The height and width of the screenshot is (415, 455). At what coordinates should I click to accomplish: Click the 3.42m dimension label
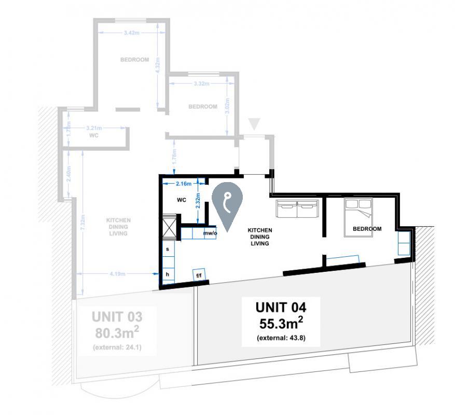pyautogui.click(x=131, y=33)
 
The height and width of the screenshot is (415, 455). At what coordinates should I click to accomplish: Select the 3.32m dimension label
pyautogui.click(x=201, y=84)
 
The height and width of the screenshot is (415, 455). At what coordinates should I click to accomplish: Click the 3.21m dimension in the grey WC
pyautogui.click(x=94, y=128)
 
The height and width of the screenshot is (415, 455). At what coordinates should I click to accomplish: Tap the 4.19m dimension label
pyautogui.click(x=118, y=274)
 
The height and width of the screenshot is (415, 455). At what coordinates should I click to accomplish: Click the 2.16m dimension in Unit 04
pyautogui.click(x=183, y=184)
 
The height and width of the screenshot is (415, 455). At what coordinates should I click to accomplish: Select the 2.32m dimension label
pyautogui.click(x=198, y=200)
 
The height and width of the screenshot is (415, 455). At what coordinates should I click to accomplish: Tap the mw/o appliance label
pyautogui.click(x=210, y=233)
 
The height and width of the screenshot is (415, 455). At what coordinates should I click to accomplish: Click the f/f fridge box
pyautogui.click(x=199, y=275)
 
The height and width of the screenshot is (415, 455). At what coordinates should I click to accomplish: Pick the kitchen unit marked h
pyautogui.click(x=168, y=274)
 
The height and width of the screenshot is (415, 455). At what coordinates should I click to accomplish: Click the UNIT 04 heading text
pyautogui.click(x=280, y=307)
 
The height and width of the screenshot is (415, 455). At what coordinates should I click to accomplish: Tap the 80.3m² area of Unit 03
pyautogui.click(x=117, y=331)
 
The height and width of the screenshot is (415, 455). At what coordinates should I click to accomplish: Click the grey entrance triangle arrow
pyautogui.click(x=254, y=124)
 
